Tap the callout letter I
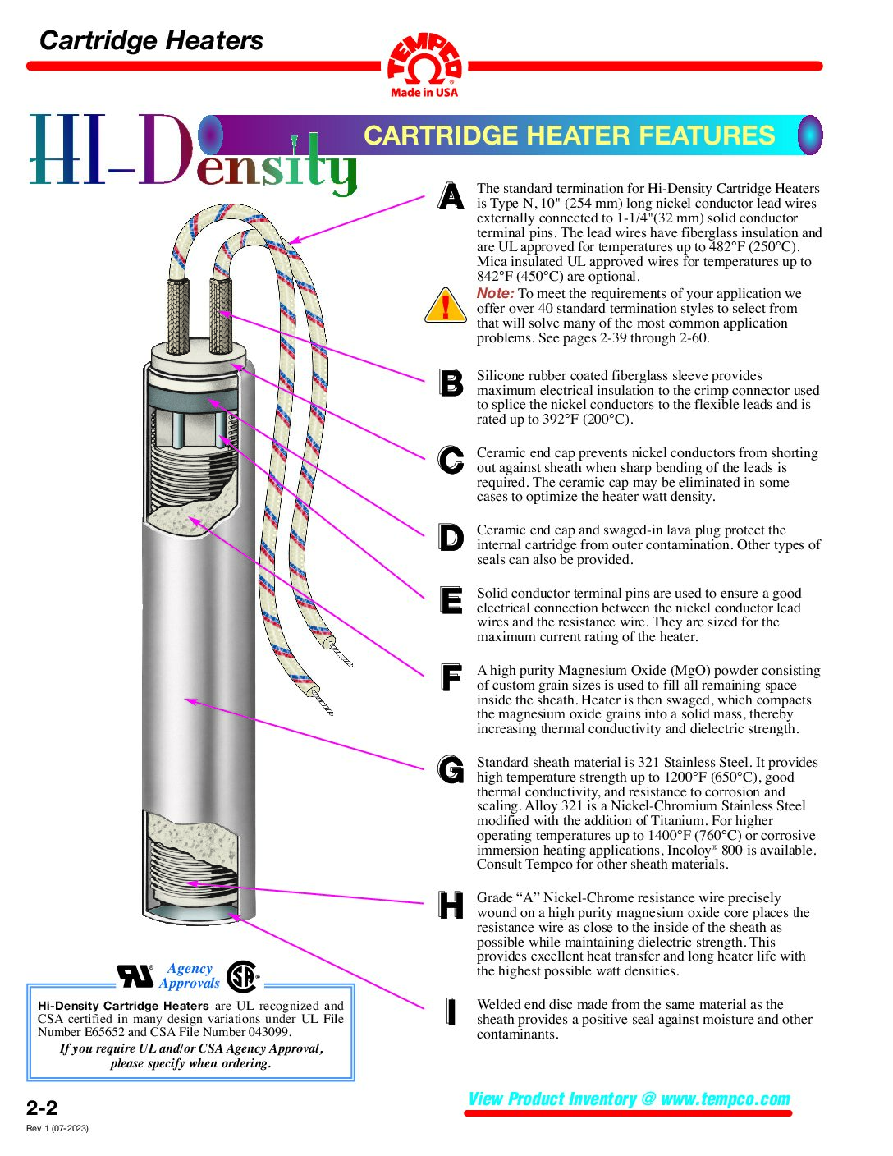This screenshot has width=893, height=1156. [451, 1011]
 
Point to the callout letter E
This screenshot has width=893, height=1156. [451, 600]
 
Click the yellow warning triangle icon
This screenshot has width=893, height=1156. [446, 305]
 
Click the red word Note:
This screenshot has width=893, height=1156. [495, 293]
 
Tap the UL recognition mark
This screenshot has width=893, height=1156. [135, 976]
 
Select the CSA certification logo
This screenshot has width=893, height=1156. [242, 977]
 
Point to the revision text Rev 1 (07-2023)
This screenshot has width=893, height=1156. [57, 1128]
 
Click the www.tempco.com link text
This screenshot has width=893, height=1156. [726, 1099]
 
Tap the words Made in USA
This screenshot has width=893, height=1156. [424, 93]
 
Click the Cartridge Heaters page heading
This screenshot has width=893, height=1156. [151, 41]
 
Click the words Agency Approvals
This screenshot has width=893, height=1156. [190, 976]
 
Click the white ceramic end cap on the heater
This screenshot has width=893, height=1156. [199, 355]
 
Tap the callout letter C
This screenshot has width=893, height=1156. [451, 460]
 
